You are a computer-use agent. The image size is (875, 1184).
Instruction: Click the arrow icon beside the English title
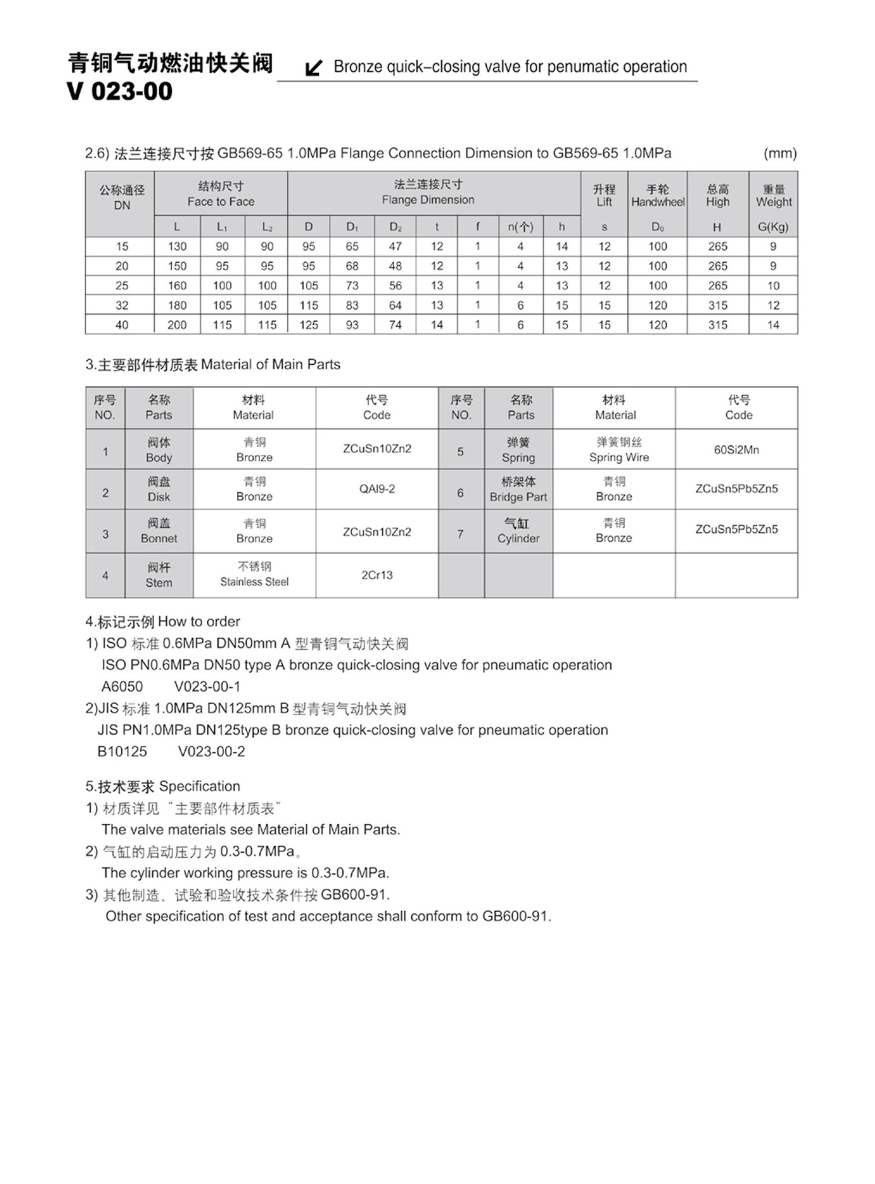point(313,68)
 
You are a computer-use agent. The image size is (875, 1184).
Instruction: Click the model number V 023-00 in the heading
point(120,91)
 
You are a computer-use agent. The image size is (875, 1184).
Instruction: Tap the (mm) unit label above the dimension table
point(780,154)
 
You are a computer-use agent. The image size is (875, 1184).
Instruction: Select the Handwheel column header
point(657,196)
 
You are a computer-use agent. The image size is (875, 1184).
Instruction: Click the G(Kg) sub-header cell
point(773,227)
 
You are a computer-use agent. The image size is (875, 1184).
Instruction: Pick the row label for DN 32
point(121,305)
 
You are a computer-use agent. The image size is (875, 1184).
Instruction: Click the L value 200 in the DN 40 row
point(177,325)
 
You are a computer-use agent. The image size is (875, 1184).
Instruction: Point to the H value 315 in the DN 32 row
point(717,305)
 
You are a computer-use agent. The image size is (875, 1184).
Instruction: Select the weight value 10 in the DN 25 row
point(773,285)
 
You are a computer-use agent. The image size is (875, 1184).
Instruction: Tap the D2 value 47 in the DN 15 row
point(395,247)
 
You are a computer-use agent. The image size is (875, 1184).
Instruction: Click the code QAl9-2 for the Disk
point(377,489)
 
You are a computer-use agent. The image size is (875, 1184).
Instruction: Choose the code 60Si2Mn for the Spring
point(736,449)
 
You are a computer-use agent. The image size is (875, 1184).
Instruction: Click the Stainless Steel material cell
point(254,575)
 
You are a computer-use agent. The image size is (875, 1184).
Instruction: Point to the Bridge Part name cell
point(518,489)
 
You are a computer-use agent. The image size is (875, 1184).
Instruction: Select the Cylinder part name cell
point(518,531)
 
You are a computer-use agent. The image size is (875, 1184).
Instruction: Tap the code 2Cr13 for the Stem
point(377,575)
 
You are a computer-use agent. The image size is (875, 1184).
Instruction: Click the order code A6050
point(122,687)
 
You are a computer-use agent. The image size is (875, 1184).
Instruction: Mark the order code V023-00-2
point(211,752)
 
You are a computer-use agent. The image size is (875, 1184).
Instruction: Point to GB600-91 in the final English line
point(516,916)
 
